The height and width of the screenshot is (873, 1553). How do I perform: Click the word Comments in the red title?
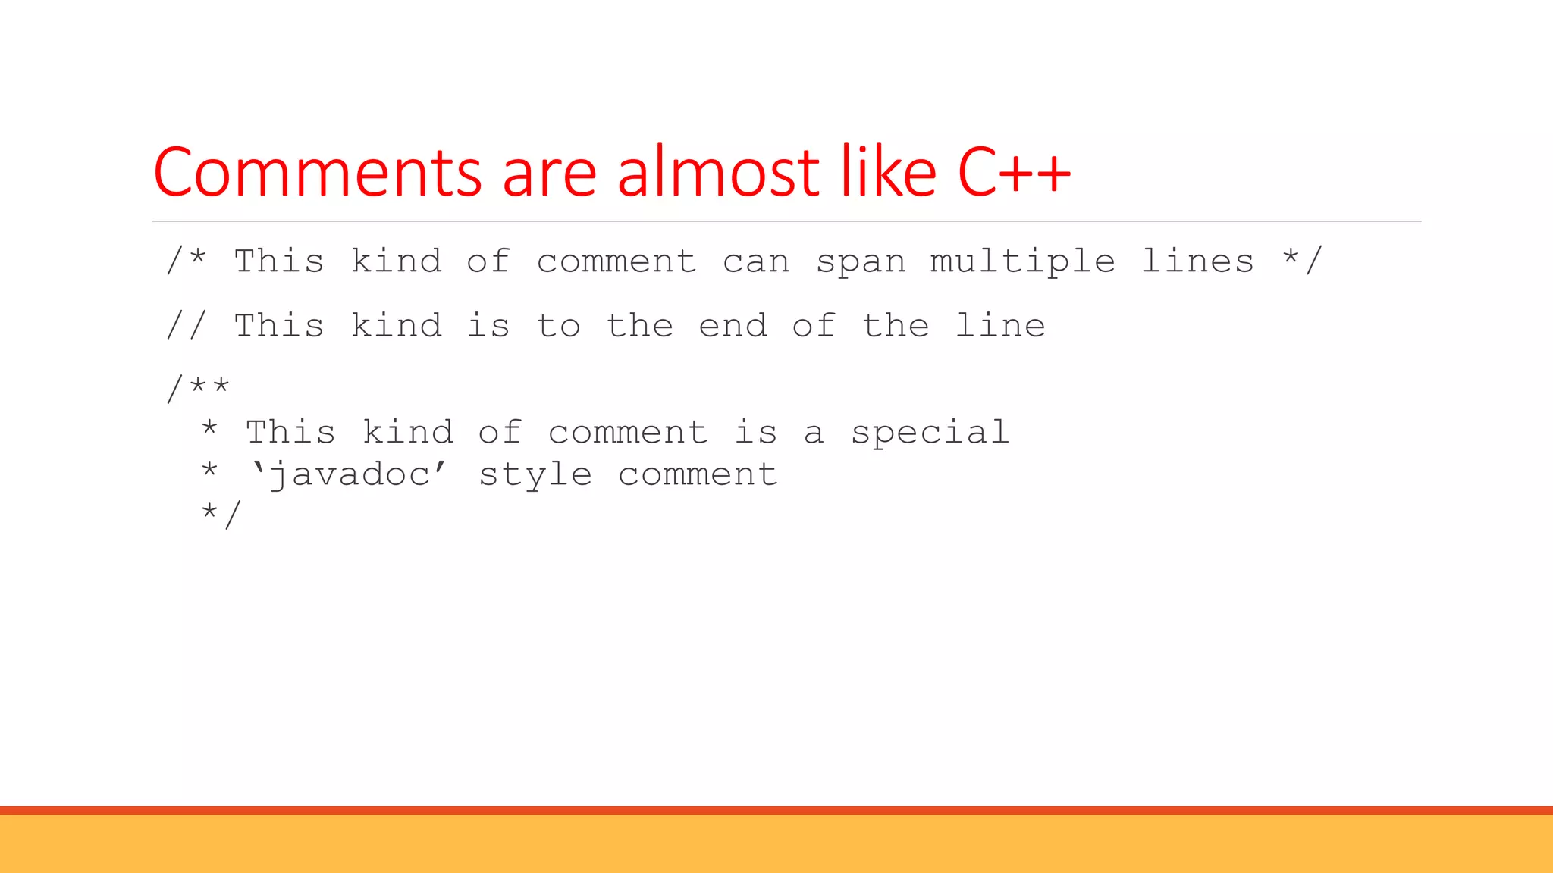click(317, 173)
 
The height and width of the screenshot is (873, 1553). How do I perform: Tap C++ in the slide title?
click(1014, 173)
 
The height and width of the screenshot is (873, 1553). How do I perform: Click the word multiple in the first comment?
click(1022, 262)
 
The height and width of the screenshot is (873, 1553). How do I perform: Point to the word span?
click(861, 262)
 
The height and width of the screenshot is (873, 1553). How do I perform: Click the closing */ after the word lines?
click(1302, 259)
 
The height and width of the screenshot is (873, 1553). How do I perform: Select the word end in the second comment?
click(733, 325)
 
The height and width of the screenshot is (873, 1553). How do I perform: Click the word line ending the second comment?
click(1000, 325)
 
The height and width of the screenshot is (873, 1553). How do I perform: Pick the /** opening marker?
click(198, 388)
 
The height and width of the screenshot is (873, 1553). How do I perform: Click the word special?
click(930, 433)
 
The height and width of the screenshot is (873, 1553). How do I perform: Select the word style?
click(535, 476)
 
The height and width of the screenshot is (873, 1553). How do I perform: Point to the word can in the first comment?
click(756, 262)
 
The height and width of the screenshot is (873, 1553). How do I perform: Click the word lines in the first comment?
click(1197, 261)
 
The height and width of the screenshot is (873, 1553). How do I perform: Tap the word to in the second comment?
click(558, 325)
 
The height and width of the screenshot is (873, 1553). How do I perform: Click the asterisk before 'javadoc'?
click(209, 471)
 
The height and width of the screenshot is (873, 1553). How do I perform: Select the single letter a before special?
click(813, 433)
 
